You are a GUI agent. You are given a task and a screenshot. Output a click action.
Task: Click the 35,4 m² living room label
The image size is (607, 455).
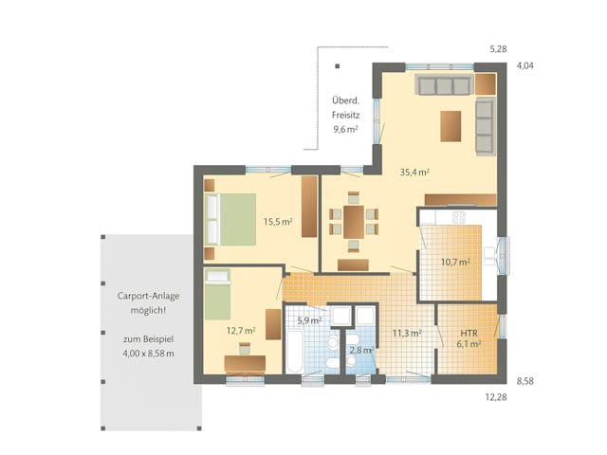point(414,173)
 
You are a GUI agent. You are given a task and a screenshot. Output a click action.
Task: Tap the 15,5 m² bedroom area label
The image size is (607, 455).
point(277,222)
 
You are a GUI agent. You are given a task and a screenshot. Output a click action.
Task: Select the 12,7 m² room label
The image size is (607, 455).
point(241,331)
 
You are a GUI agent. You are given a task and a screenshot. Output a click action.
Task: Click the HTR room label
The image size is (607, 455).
point(469,339)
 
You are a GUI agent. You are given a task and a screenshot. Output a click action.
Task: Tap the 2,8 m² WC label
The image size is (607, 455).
point(361,351)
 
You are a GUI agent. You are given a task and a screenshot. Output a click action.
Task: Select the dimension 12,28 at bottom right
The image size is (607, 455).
point(497,397)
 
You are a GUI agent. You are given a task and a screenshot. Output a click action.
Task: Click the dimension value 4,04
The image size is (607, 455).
point(524,67)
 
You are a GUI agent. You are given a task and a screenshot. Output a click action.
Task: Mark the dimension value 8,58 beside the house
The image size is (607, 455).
point(524,380)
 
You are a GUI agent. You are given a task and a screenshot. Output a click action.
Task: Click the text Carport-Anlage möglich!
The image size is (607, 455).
point(148,302)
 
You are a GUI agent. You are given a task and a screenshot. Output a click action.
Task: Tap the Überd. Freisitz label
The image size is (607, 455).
point(344,114)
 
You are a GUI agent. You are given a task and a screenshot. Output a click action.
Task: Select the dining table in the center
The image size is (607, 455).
point(353,222)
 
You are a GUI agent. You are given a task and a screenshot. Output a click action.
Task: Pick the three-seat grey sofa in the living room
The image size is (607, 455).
point(443,86)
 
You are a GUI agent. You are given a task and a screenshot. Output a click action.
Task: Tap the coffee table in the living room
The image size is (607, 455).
point(451,125)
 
